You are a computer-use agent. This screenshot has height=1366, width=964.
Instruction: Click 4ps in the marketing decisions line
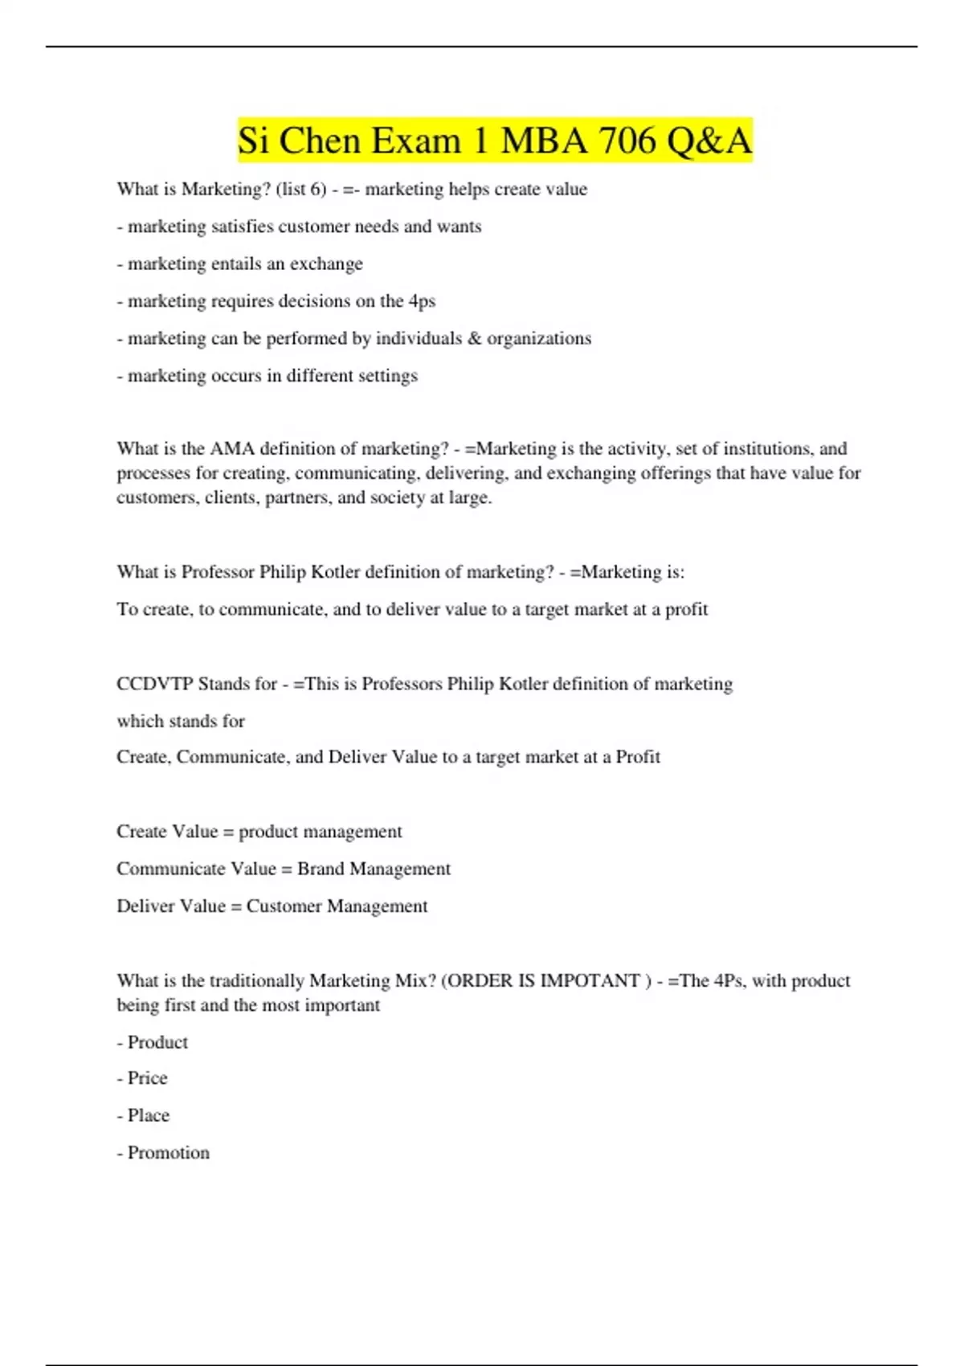click(422, 301)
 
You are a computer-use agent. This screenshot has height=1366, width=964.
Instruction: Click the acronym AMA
click(231, 448)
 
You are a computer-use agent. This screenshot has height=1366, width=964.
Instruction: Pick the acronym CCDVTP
click(154, 684)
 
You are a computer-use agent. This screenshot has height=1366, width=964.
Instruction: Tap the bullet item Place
click(148, 1115)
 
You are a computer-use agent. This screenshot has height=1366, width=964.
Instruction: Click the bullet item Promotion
click(168, 1153)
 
